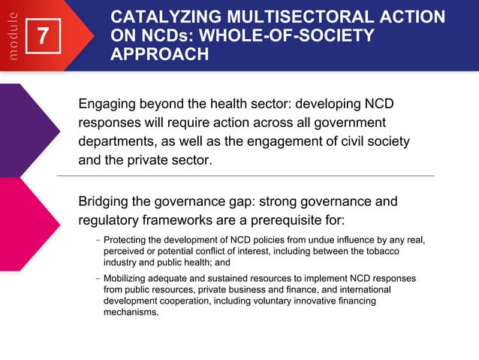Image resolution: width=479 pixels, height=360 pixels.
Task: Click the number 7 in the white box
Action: click(44, 36)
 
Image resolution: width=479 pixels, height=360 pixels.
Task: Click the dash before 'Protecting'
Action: click(98, 241)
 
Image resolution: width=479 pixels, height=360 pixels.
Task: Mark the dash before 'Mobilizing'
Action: click(98, 278)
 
